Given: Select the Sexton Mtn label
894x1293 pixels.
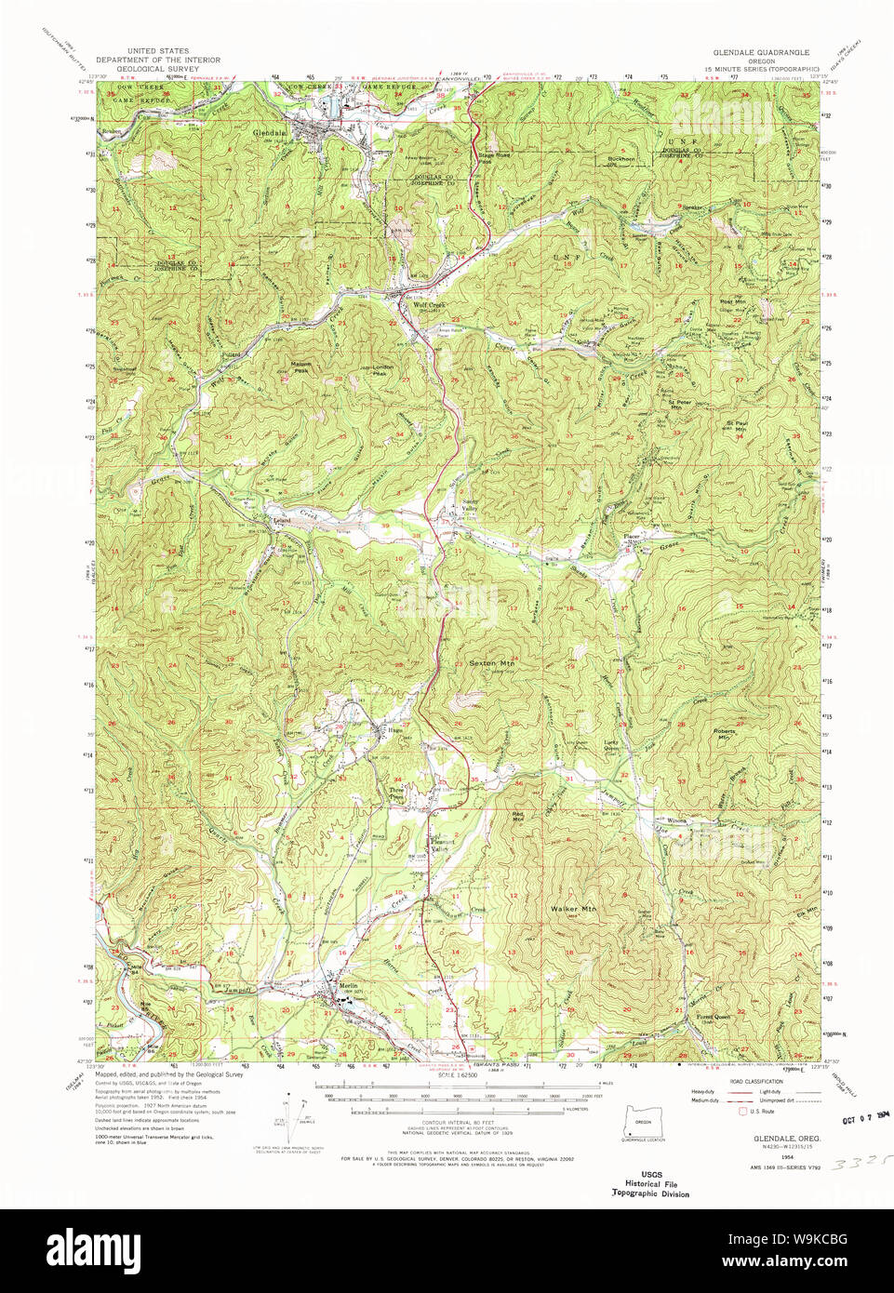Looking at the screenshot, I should point(491,663).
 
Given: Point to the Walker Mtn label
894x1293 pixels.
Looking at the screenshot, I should point(572,908).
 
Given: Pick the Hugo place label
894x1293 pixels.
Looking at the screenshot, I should point(381,729).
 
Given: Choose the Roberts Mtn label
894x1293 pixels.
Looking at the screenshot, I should point(724,733).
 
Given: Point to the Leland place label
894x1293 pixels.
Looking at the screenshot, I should point(282,520).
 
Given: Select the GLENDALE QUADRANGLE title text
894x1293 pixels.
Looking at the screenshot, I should point(761,53).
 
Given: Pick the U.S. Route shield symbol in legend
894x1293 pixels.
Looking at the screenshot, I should point(741,1111).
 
